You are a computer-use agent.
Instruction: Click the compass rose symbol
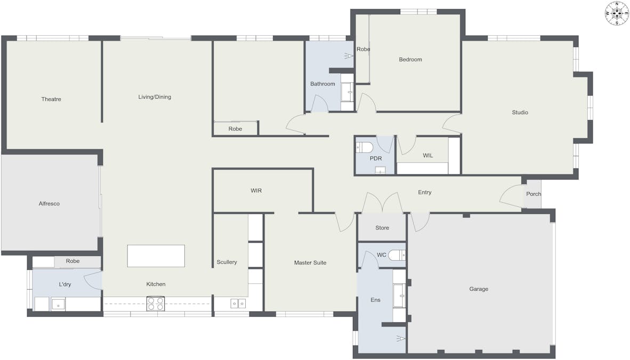coord(617,13)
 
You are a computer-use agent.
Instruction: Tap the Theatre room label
coord(51,99)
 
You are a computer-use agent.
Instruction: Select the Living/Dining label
coord(155,97)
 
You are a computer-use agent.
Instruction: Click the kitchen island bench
coord(156,256)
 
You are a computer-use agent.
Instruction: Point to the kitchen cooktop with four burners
coord(156,303)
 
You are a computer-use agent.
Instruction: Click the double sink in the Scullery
coord(238,303)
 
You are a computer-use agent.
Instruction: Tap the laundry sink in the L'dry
coord(58,305)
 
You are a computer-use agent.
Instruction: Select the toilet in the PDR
coord(364,147)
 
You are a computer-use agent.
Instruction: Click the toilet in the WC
coord(397,255)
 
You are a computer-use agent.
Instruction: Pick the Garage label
coord(479,289)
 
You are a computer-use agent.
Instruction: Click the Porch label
coord(534,194)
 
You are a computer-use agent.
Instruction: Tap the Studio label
coord(520,112)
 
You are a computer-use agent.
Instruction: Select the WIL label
coord(428,155)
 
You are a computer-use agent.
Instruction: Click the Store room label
coord(382,228)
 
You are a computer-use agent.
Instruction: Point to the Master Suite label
coord(310,262)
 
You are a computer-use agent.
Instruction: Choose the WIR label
coord(256,190)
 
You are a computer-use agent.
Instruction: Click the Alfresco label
coord(49,204)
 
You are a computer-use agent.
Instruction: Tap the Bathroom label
coord(322,84)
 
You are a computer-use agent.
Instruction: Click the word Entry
coord(425,193)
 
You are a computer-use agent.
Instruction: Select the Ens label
coord(375,300)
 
